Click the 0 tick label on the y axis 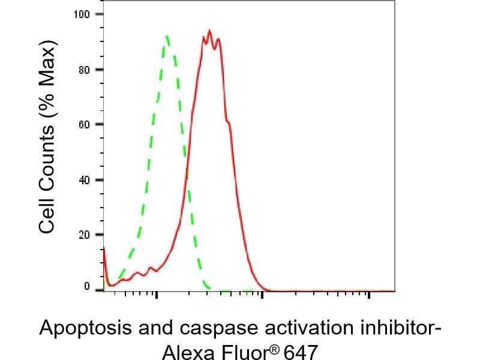[86, 287]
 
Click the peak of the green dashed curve [166, 36]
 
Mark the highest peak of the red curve [209, 31]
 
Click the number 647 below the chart [299, 351]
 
